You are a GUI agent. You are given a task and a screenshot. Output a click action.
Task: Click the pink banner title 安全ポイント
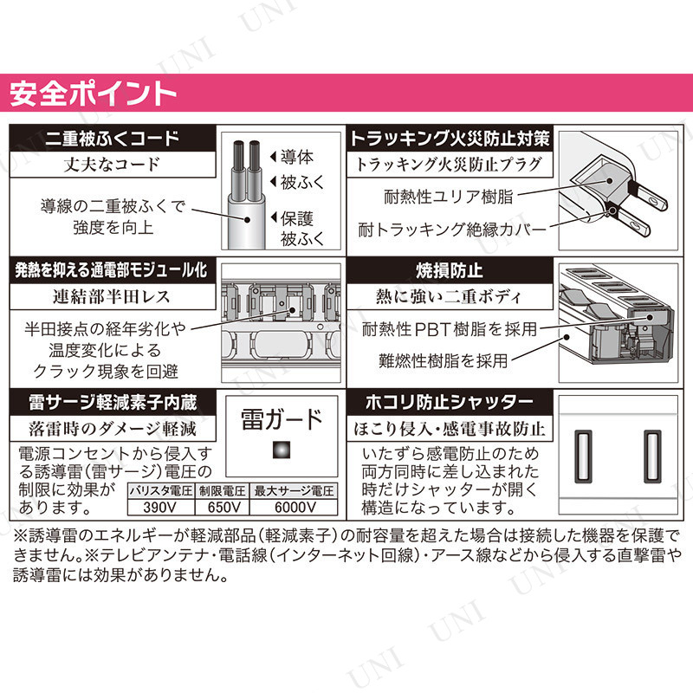click(93, 94)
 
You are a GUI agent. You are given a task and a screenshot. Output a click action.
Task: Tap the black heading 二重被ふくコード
click(113, 139)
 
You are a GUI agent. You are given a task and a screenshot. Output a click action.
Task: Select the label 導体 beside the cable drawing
click(297, 157)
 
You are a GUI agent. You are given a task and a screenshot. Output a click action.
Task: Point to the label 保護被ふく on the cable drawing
click(302, 229)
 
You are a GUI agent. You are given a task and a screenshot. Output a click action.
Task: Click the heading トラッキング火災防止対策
click(450, 139)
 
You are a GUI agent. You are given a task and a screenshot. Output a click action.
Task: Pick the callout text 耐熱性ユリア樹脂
click(448, 197)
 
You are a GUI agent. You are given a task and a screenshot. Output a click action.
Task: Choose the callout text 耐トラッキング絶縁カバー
click(452, 230)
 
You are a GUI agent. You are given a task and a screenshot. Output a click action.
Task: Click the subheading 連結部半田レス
click(112, 296)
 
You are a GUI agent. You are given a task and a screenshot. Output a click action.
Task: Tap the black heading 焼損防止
click(449, 270)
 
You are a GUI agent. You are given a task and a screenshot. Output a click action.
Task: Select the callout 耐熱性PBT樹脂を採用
click(450, 329)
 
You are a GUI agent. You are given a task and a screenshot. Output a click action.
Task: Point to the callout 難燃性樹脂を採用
click(444, 360)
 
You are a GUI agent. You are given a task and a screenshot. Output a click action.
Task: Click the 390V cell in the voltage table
click(160, 507)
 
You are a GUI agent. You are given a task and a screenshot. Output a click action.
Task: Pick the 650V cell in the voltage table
click(223, 507)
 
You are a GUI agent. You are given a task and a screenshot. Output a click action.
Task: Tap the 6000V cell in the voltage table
click(295, 507)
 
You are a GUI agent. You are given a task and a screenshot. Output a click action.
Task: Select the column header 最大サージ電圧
click(294, 491)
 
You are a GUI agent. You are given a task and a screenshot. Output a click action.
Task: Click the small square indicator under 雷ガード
click(281, 450)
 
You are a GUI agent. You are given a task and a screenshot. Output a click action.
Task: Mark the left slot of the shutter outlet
click(583, 457)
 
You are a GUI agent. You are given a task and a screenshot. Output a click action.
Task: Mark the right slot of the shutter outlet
click(652, 457)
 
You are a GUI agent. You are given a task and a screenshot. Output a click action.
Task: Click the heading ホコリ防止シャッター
click(450, 402)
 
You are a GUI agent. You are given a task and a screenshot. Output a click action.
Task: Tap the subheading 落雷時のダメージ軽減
click(113, 429)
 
